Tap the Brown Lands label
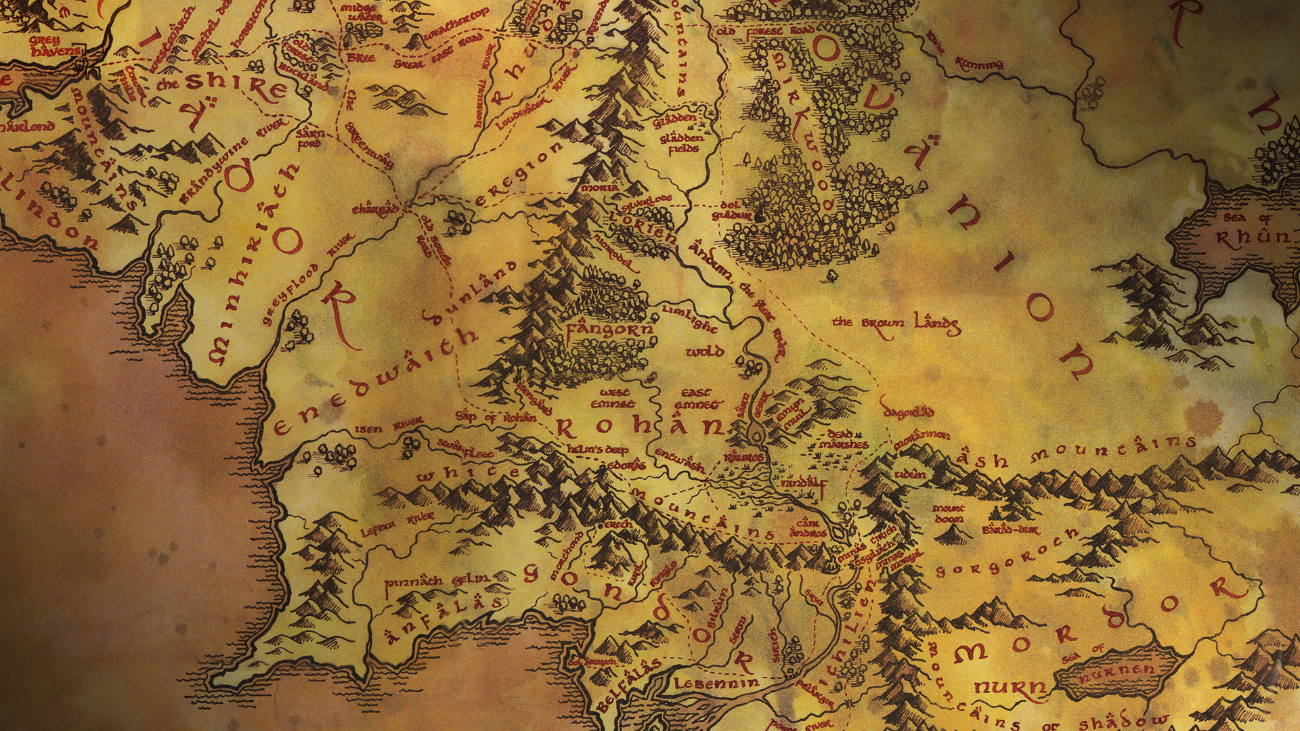point(896,324)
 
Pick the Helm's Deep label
point(598,449)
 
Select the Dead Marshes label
point(842,440)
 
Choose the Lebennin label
point(716,684)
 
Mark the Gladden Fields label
point(682,143)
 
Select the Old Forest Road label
point(765,31)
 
